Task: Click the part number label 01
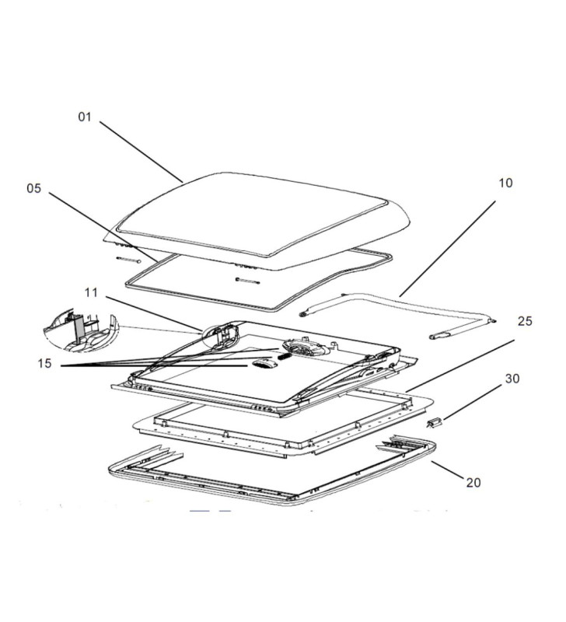click(x=84, y=117)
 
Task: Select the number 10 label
click(x=505, y=183)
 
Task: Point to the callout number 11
click(x=92, y=292)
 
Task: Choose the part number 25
click(x=525, y=321)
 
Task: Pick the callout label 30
click(x=512, y=379)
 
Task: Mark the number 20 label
click(x=473, y=482)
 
